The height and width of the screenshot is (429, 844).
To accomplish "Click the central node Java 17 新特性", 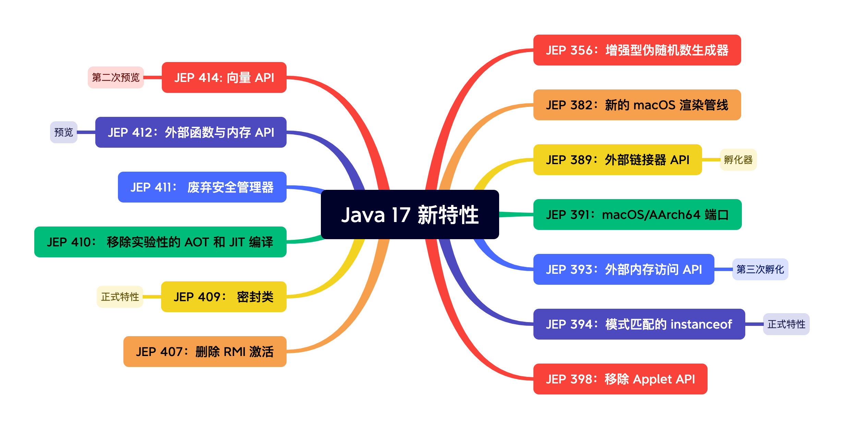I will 410,214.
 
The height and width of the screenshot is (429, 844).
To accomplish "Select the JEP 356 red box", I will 637,50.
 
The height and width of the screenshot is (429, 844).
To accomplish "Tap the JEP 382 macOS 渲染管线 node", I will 637,105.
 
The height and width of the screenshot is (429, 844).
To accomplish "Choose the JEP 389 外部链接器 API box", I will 617,160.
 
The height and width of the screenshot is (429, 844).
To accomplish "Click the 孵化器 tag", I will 738,160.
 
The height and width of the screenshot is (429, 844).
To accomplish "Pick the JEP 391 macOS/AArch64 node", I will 637,214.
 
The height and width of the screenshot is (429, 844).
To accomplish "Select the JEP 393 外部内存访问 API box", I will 624,269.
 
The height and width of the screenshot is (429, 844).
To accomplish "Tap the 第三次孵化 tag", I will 760,269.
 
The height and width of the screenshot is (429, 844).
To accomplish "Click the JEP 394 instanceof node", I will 639,324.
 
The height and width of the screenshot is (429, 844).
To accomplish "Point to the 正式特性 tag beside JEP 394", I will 786,324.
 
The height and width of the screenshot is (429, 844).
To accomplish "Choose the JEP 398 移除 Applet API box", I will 620,379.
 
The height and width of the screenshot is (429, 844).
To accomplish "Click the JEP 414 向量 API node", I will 224,77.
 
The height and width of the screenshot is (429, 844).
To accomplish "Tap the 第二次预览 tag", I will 116,77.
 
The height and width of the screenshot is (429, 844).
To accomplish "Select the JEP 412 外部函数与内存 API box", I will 191,132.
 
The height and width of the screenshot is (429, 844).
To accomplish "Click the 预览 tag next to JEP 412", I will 64,132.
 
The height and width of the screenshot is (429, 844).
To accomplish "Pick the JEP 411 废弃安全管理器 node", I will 202,187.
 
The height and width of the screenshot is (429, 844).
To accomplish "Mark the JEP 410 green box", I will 160,242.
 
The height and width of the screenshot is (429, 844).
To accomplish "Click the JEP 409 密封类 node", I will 224,297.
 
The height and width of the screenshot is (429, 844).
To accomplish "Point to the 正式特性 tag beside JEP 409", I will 120,297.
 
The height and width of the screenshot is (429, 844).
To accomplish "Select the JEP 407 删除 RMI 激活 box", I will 205,352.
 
